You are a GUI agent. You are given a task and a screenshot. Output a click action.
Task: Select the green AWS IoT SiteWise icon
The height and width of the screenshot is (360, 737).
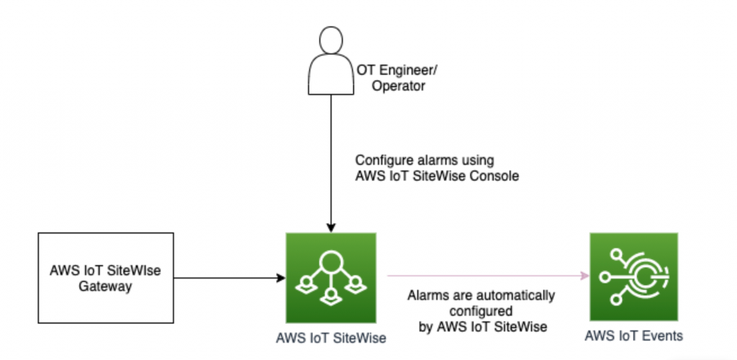pyautogui.click(x=330, y=276)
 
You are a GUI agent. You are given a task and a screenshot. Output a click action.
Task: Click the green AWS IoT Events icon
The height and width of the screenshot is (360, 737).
pyautogui.click(x=633, y=276)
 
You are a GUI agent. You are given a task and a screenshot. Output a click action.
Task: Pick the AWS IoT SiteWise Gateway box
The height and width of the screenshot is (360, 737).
pyautogui.click(x=105, y=276)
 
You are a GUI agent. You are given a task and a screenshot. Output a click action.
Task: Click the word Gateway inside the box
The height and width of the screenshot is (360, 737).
pyautogui.click(x=105, y=286)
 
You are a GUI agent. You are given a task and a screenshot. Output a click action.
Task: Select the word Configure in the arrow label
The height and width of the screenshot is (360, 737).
pyautogui.click(x=382, y=159)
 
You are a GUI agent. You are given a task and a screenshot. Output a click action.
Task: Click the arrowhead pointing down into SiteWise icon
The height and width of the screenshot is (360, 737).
pyautogui.click(x=330, y=225)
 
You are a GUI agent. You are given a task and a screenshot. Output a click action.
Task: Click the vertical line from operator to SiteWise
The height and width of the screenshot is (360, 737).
pyautogui.click(x=330, y=158)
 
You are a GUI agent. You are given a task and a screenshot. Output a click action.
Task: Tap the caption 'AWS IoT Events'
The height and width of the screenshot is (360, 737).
pyautogui.click(x=633, y=335)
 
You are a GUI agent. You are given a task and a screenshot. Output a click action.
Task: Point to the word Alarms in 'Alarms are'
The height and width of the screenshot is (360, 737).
pyautogui.click(x=425, y=296)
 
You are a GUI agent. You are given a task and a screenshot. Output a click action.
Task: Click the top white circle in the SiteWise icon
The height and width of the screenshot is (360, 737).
pyautogui.click(x=330, y=261)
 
